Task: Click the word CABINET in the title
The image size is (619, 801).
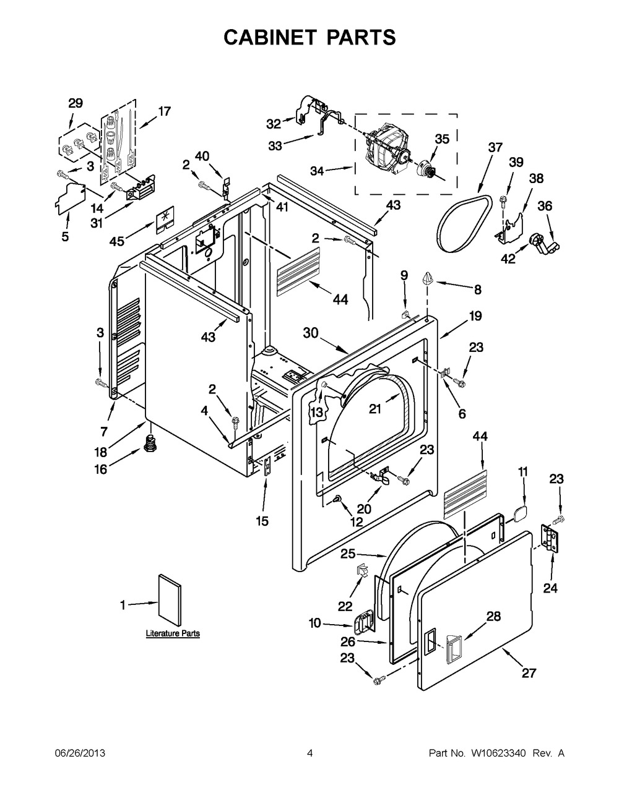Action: [x=265, y=37]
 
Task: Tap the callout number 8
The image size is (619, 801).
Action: [x=477, y=289]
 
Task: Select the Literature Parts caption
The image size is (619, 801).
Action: [x=173, y=633]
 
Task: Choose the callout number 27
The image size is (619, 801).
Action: [x=529, y=674]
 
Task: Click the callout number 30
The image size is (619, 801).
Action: [x=310, y=332]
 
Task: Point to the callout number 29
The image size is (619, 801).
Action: [x=75, y=103]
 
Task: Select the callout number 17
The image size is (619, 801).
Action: [x=164, y=111]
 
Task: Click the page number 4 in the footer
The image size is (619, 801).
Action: [x=309, y=753]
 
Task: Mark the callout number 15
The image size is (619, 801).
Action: [x=262, y=521]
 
